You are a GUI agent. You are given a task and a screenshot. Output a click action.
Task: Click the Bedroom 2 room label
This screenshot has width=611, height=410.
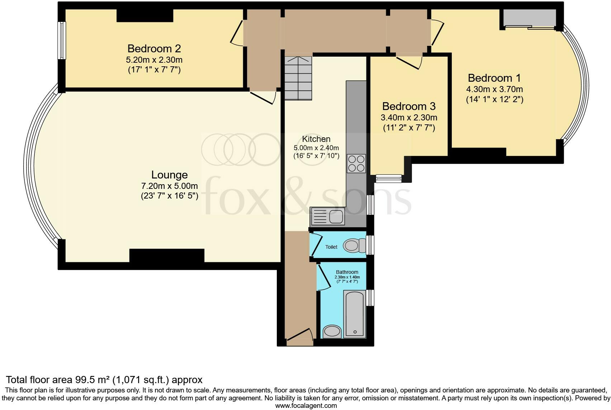[x=154, y=48]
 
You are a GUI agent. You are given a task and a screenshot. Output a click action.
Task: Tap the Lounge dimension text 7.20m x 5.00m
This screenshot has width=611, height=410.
[x=169, y=186]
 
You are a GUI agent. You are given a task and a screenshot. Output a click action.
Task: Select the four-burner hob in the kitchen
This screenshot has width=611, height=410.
[x=356, y=163]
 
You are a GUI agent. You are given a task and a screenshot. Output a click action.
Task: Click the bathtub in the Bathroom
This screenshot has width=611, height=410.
[x=355, y=314]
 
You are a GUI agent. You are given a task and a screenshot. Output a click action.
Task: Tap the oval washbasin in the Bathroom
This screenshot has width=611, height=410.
[x=332, y=331]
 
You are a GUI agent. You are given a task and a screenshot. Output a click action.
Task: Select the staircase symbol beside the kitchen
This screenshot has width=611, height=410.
[x=298, y=78]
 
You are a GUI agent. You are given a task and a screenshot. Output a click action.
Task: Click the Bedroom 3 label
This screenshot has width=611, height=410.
[x=409, y=106]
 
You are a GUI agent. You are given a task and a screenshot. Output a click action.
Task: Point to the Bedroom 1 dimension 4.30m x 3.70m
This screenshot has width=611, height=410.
[x=494, y=89]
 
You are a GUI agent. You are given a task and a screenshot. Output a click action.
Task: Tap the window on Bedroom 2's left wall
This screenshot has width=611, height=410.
[x=62, y=40]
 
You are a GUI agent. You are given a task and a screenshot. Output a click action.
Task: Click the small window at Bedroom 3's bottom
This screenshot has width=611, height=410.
[x=388, y=178]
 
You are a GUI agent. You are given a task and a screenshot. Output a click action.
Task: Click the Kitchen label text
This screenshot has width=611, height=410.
[x=316, y=139]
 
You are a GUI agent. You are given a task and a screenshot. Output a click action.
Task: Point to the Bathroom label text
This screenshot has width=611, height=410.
[x=347, y=272]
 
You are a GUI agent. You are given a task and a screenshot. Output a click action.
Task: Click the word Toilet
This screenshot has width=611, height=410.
[x=331, y=247]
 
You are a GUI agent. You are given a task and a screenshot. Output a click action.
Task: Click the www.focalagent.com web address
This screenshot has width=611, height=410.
[x=306, y=406]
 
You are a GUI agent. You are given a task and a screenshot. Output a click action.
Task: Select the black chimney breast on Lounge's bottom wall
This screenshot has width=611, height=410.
[x=167, y=256]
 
